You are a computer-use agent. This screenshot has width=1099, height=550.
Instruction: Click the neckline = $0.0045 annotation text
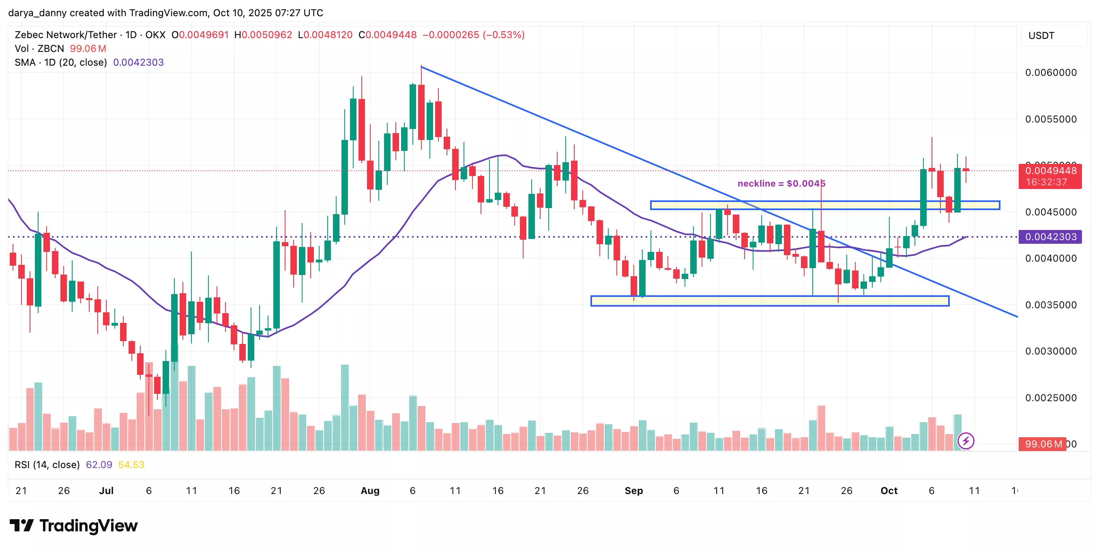(x=781, y=183)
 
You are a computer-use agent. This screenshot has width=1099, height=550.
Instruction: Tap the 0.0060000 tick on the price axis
(x=1051, y=73)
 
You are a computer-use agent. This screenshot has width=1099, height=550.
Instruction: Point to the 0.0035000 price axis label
(x=1051, y=305)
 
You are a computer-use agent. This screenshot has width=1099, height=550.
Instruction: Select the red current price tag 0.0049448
(x=1050, y=171)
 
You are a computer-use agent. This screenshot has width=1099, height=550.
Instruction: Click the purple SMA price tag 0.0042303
(x=1050, y=237)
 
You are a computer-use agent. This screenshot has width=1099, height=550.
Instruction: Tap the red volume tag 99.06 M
(x=1043, y=444)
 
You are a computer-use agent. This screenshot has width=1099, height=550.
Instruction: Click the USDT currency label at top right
(x=1041, y=35)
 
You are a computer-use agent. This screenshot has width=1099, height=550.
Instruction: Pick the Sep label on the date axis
(x=633, y=491)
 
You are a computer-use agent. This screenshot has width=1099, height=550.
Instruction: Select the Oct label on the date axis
(x=889, y=491)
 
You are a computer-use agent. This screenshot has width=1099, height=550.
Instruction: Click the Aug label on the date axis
(x=370, y=491)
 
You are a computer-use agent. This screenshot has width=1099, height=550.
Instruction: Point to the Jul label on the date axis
(x=106, y=491)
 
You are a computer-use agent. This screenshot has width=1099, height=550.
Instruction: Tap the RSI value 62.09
(x=99, y=465)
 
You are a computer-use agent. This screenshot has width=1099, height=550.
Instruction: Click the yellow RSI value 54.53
(x=131, y=465)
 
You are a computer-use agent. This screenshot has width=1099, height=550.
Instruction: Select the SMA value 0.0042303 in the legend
(x=138, y=62)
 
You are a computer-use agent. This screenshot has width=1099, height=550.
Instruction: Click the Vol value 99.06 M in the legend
(x=88, y=49)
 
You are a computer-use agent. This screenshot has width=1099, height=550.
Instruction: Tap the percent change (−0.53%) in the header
(x=503, y=35)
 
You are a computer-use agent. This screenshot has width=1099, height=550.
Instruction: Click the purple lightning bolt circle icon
(x=966, y=441)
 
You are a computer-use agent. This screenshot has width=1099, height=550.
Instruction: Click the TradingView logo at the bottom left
(x=73, y=526)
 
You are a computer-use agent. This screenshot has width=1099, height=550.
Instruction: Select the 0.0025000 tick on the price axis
(x=1051, y=398)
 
